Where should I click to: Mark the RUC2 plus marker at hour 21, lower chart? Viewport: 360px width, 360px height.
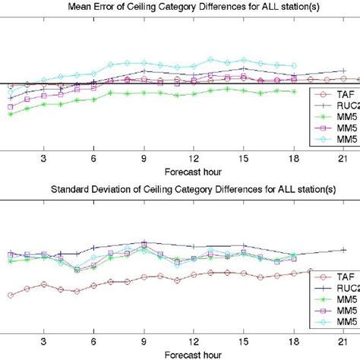pos(343,249)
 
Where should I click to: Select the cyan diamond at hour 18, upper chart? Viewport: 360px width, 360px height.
pos(293,65)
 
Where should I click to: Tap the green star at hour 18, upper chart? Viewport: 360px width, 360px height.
pos(293,92)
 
